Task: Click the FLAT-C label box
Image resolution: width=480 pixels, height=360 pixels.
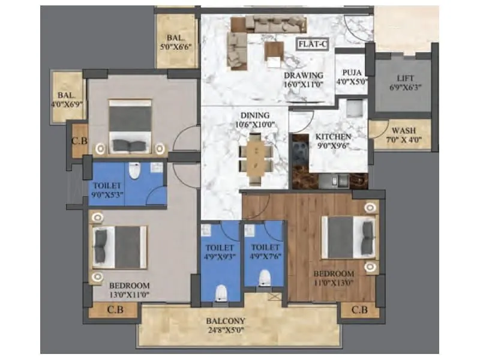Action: click(313, 43)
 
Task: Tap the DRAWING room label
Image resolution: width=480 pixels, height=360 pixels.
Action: click(304, 80)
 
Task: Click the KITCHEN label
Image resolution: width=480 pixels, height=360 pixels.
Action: click(334, 140)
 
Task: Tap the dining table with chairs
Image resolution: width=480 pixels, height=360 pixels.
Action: click(255, 157)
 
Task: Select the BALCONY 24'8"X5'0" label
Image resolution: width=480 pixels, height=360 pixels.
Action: click(228, 325)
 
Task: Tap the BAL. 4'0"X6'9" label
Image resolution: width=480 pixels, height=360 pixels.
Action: click(67, 99)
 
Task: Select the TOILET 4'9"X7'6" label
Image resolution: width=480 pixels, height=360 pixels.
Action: click(265, 251)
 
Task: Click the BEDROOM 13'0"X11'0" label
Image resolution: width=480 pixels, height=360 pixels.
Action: click(129, 290)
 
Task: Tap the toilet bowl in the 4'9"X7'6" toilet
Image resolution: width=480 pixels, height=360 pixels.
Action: click(264, 277)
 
